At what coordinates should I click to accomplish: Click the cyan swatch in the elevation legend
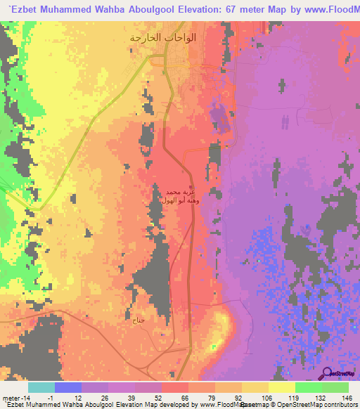click(x=41, y=387)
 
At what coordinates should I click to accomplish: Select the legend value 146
click(x=347, y=397)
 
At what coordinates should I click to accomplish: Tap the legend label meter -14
click(x=16, y=397)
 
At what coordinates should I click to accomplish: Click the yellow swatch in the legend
click(x=282, y=387)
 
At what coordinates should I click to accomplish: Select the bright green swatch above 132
click(x=309, y=387)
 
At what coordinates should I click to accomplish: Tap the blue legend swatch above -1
click(x=68, y=387)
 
